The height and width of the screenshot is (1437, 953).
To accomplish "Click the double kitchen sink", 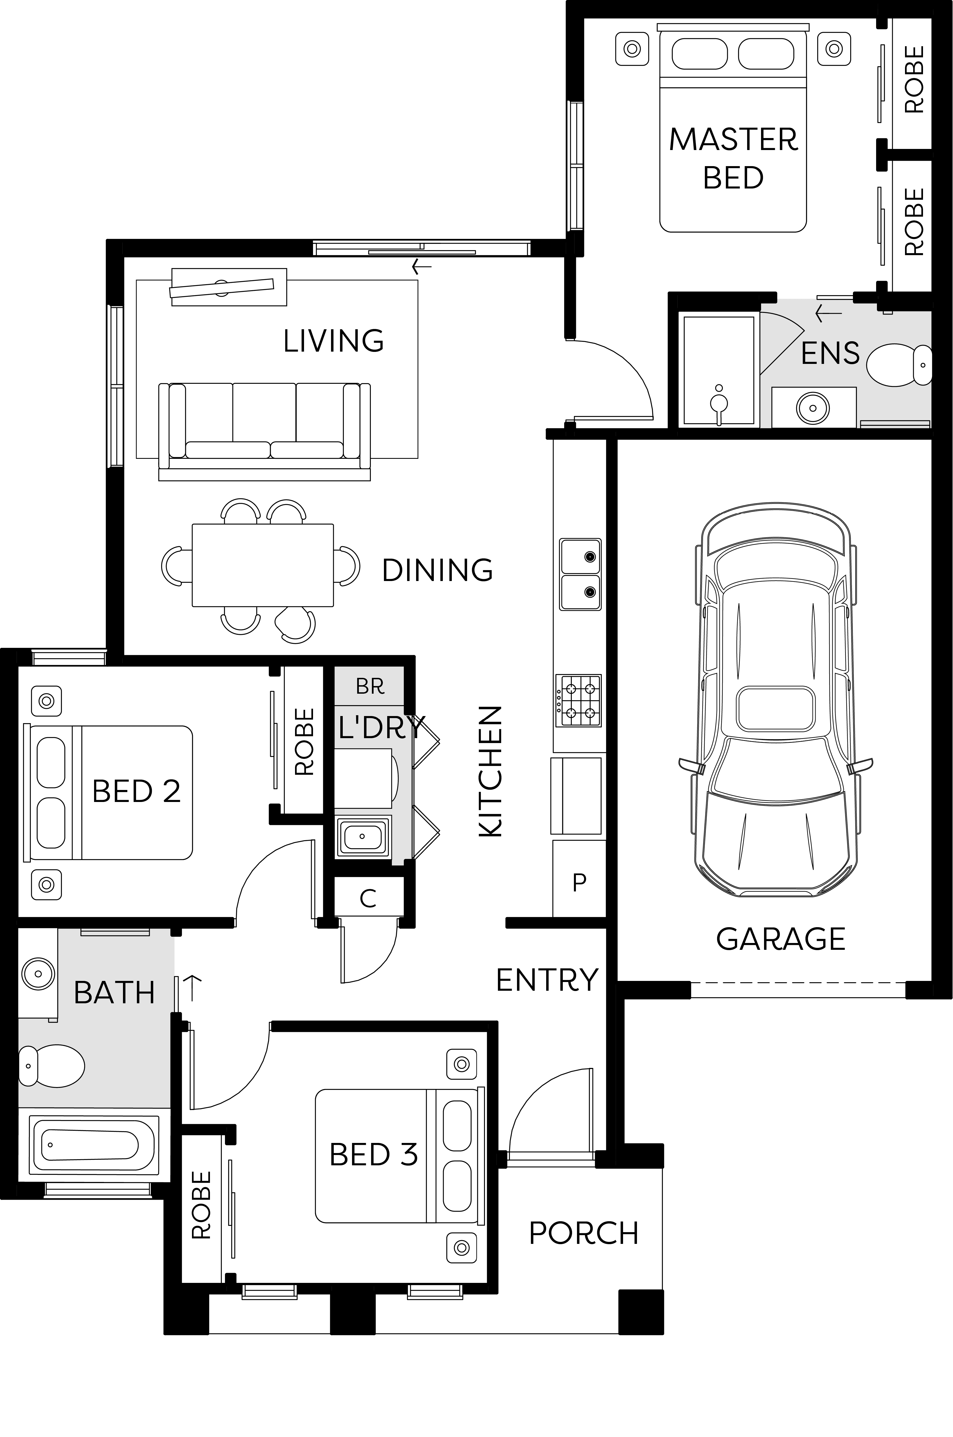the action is pos(581,574).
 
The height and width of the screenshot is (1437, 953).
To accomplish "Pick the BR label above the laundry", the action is pos(370,686).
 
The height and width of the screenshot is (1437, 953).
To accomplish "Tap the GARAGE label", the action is pos(780,939).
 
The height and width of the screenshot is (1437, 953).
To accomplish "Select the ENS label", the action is pos(830,353).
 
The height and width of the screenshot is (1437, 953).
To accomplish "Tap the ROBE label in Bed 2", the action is pos(304,741).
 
